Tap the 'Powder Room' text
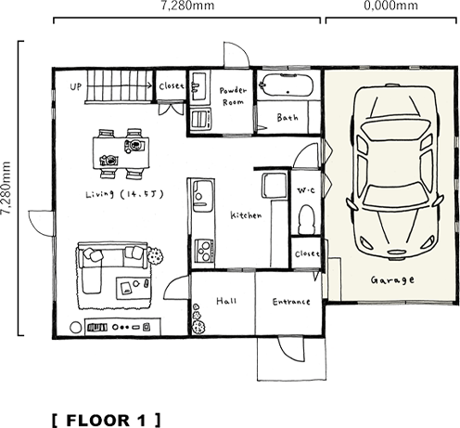pos(233,96)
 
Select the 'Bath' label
pos(287,118)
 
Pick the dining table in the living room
pos(121,152)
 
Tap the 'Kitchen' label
pos(245,214)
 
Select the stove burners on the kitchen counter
pos(202,248)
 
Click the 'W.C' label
pos(306,189)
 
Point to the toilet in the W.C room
pos(306,219)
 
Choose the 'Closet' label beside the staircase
pos(172,85)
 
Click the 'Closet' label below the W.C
pos(306,253)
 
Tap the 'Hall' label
pos(225,302)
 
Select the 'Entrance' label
pos(290,302)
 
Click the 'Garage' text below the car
pos(392,279)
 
